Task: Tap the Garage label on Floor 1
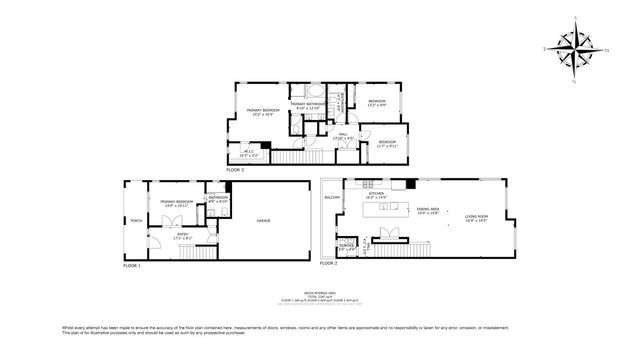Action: [x=264, y=221]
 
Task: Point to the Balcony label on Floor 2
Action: [x=332, y=198]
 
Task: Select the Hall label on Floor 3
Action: [x=342, y=135]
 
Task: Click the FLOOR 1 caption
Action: [x=132, y=266]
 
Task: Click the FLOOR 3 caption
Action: [x=235, y=171]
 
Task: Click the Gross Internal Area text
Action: [x=319, y=292]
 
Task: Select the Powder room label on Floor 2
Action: [x=347, y=247]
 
